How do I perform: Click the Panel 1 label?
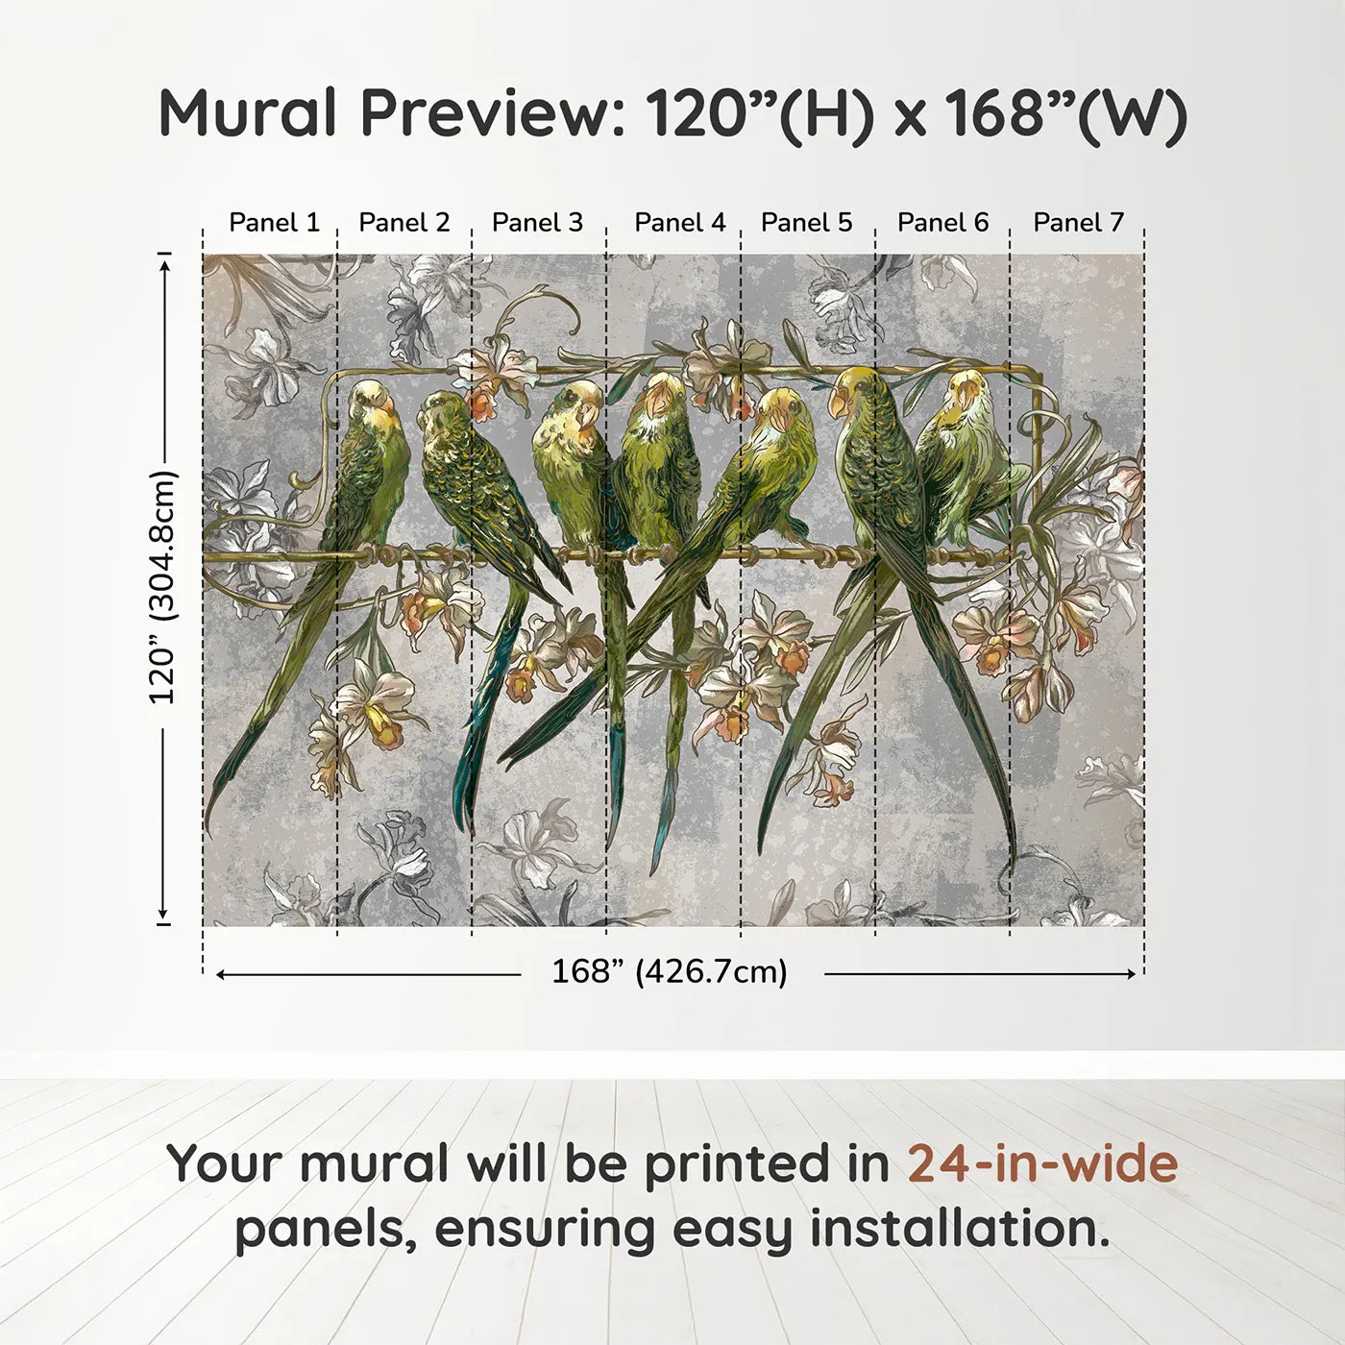[274, 223]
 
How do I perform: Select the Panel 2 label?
[403, 223]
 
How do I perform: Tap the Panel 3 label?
[537, 223]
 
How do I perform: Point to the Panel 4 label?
[680, 223]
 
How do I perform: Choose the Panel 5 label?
[806, 223]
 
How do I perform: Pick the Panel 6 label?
[942, 223]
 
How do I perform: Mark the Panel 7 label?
[1078, 223]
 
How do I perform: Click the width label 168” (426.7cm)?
[669, 972]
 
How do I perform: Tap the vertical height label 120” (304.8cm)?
[163, 588]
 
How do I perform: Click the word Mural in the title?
[248, 112]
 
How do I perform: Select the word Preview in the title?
[491, 112]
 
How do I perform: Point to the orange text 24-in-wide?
[1042, 1163]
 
